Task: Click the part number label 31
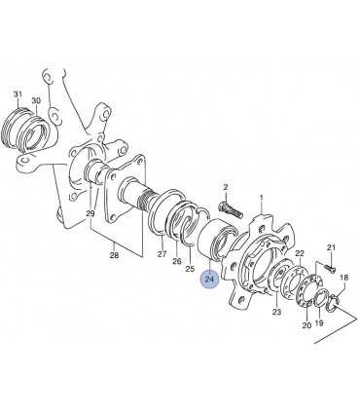click(18, 94)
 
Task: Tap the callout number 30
click(36, 100)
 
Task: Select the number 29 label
click(90, 213)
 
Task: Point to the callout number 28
click(114, 255)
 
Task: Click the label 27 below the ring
click(162, 254)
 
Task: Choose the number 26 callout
click(177, 261)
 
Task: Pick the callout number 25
click(190, 269)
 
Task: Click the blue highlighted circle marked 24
click(210, 280)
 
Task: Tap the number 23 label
click(276, 313)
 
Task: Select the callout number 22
click(300, 253)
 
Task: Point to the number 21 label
click(331, 247)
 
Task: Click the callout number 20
click(306, 325)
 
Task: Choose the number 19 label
click(319, 323)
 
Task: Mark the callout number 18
click(343, 278)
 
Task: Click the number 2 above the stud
click(226, 187)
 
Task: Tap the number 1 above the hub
click(262, 197)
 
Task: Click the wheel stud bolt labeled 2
click(231, 209)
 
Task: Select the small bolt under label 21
click(330, 268)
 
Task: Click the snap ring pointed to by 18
click(332, 301)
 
